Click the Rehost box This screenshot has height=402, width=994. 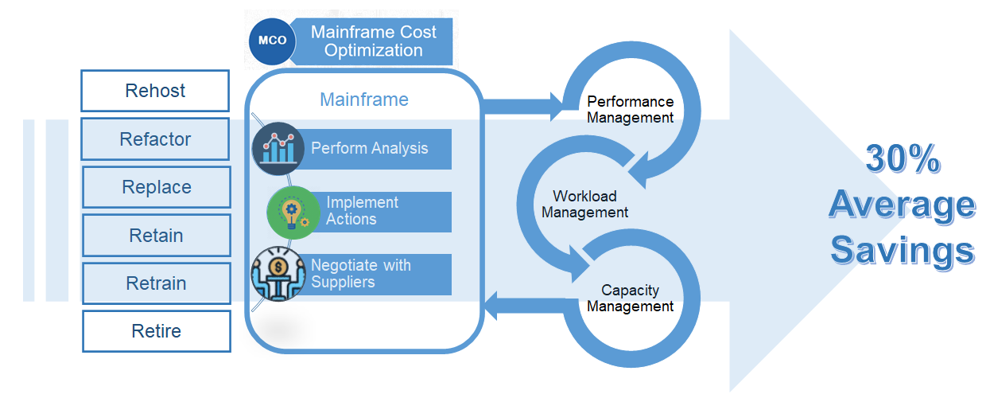pyautogui.click(x=155, y=91)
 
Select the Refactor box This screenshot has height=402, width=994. pyautogui.click(x=155, y=139)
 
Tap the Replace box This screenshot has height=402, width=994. pyautogui.click(x=156, y=187)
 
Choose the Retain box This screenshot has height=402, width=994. pyautogui.click(x=156, y=236)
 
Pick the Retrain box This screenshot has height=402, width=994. pyautogui.click(x=156, y=283)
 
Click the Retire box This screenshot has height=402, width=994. pyautogui.click(x=156, y=331)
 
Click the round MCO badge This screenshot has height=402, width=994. pyautogui.click(x=272, y=41)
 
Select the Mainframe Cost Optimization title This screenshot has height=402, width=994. pyautogui.click(x=373, y=41)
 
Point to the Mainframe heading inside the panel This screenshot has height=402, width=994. pyautogui.click(x=364, y=100)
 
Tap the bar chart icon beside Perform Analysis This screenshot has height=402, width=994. pyautogui.click(x=278, y=148)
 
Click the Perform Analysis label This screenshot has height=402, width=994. pyautogui.click(x=369, y=148)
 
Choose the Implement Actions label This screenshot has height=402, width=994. pyautogui.click(x=362, y=211)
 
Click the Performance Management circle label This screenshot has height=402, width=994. pyautogui.click(x=630, y=110)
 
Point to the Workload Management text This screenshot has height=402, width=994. pyautogui.click(x=584, y=205)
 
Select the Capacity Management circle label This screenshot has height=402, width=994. pyautogui.click(x=630, y=299)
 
